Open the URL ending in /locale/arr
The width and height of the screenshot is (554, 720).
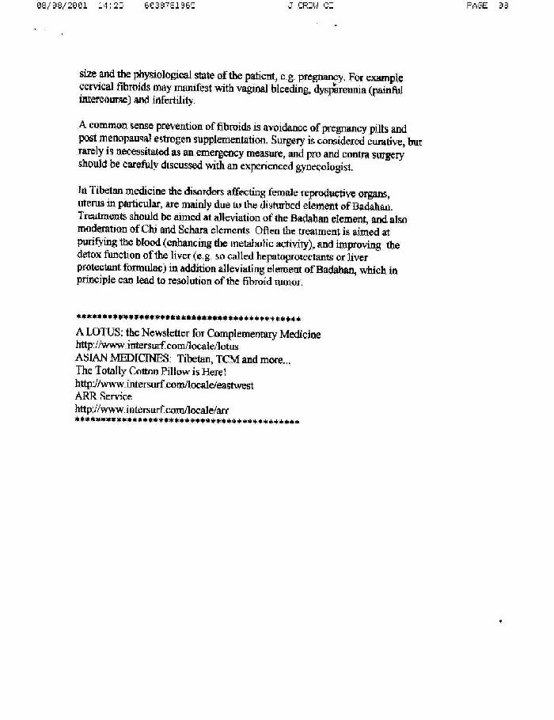click(x=151, y=409)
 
